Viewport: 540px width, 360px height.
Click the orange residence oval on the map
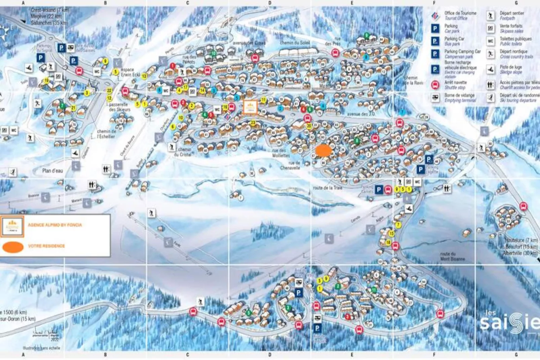323,150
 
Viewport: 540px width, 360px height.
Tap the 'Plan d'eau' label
52,171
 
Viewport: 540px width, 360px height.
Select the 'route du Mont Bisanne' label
452,256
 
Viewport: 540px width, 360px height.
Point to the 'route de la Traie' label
327,188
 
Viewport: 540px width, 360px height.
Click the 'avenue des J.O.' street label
361,114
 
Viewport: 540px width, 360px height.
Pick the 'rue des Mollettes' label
281,153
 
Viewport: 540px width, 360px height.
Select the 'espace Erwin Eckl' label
130,72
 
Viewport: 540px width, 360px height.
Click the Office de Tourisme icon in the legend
435,15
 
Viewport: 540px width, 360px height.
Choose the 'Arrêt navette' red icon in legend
435,85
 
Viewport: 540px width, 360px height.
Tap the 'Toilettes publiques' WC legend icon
490,41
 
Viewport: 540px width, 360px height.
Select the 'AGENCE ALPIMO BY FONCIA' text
55,225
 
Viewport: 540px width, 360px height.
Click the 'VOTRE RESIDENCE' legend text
46,246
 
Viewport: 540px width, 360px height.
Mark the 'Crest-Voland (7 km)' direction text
49,10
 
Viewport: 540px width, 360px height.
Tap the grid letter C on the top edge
188,3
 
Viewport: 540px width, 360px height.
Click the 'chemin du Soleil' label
295,43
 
